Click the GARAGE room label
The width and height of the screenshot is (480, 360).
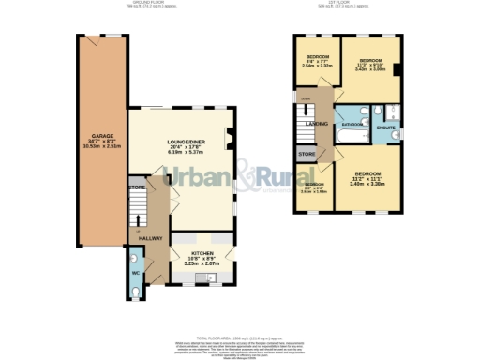pos(96,135)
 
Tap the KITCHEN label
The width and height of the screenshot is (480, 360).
pos(202,253)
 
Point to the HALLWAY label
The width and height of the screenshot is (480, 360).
pos(151,237)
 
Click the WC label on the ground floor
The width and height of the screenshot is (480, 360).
pos(135,274)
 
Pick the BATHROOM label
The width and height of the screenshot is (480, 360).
pos(352,124)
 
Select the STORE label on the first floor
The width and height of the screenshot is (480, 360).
pos(307,153)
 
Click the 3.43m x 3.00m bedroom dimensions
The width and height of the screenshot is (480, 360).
pos(371,68)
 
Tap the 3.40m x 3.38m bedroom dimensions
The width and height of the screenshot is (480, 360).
pos(367,184)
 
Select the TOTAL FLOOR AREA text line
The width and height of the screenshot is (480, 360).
pos(239,336)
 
